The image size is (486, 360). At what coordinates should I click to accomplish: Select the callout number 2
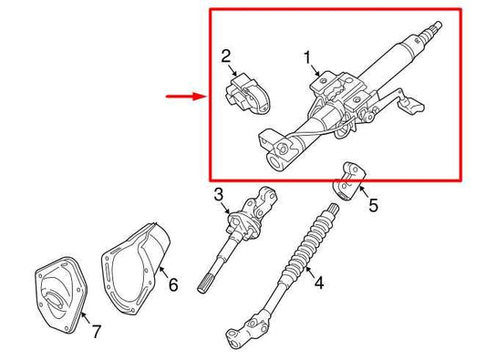tap(226, 58)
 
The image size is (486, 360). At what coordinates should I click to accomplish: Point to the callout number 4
tap(318, 283)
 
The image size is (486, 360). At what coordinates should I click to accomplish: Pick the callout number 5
tap(373, 206)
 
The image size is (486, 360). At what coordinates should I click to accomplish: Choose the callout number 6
tap(173, 284)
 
